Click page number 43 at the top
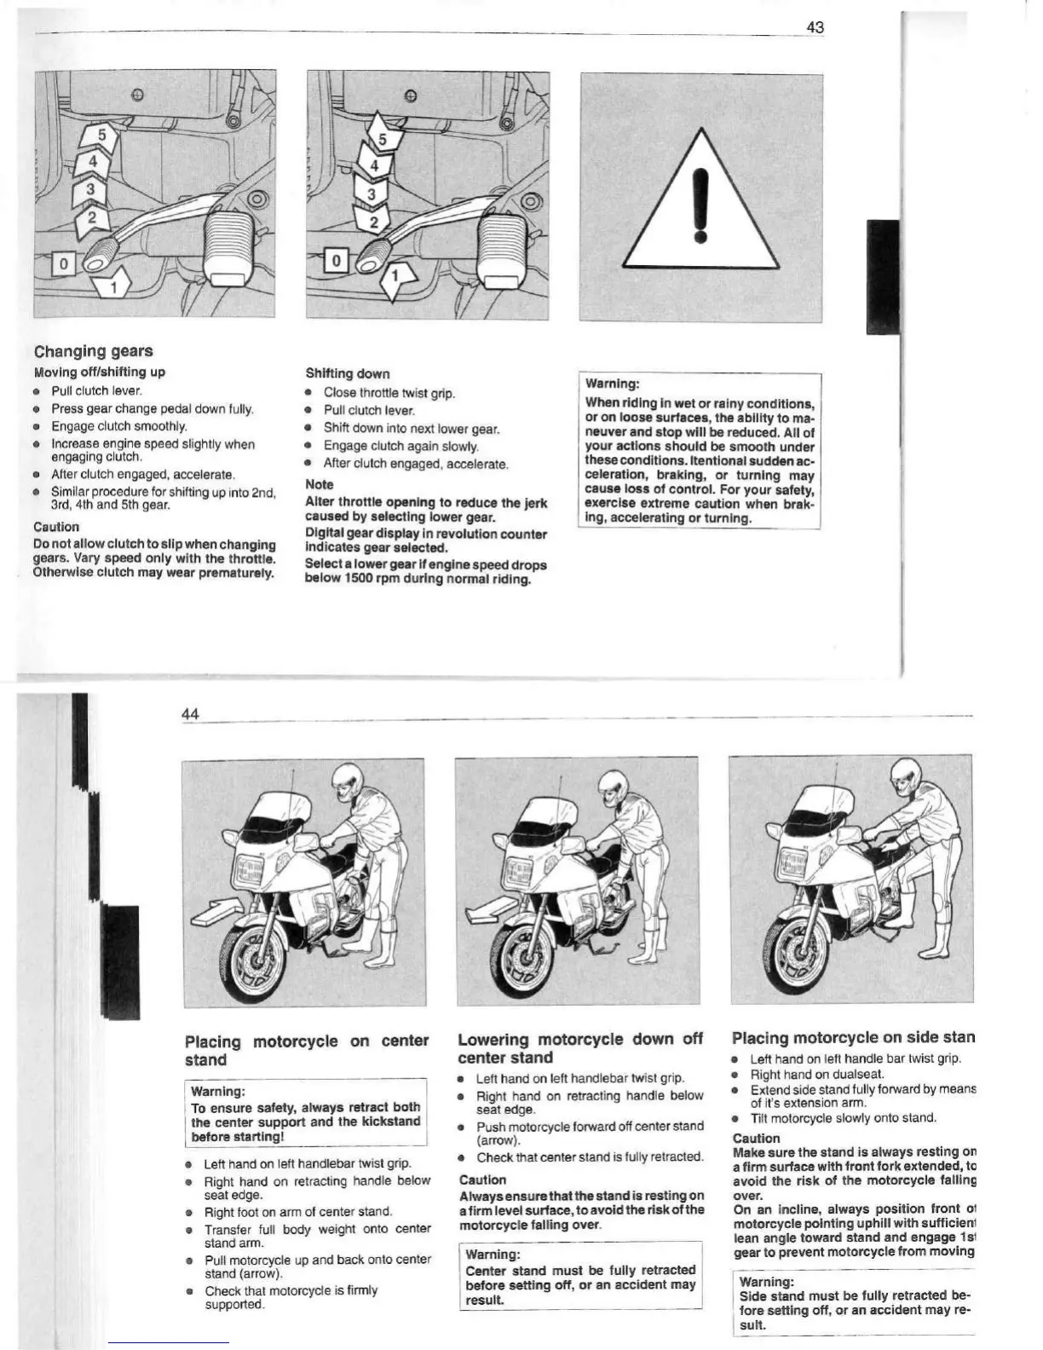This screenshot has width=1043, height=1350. pyautogui.click(x=815, y=27)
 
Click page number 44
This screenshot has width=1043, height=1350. pyautogui.click(x=191, y=713)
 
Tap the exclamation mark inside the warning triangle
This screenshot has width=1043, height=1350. pyautogui.click(x=700, y=205)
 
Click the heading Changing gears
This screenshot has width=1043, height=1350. pyautogui.click(x=94, y=351)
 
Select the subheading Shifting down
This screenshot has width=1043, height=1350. pyautogui.click(x=348, y=373)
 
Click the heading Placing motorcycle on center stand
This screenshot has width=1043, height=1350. pyautogui.click(x=307, y=1050)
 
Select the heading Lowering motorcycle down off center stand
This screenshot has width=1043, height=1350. pyautogui.click(x=579, y=1048)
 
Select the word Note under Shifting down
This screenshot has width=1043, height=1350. pyautogui.click(x=320, y=484)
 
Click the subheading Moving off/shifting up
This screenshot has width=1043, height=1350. pyautogui.click(x=100, y=372)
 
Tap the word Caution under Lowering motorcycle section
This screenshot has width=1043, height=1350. pyautogui.click(x=482, y=1180)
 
